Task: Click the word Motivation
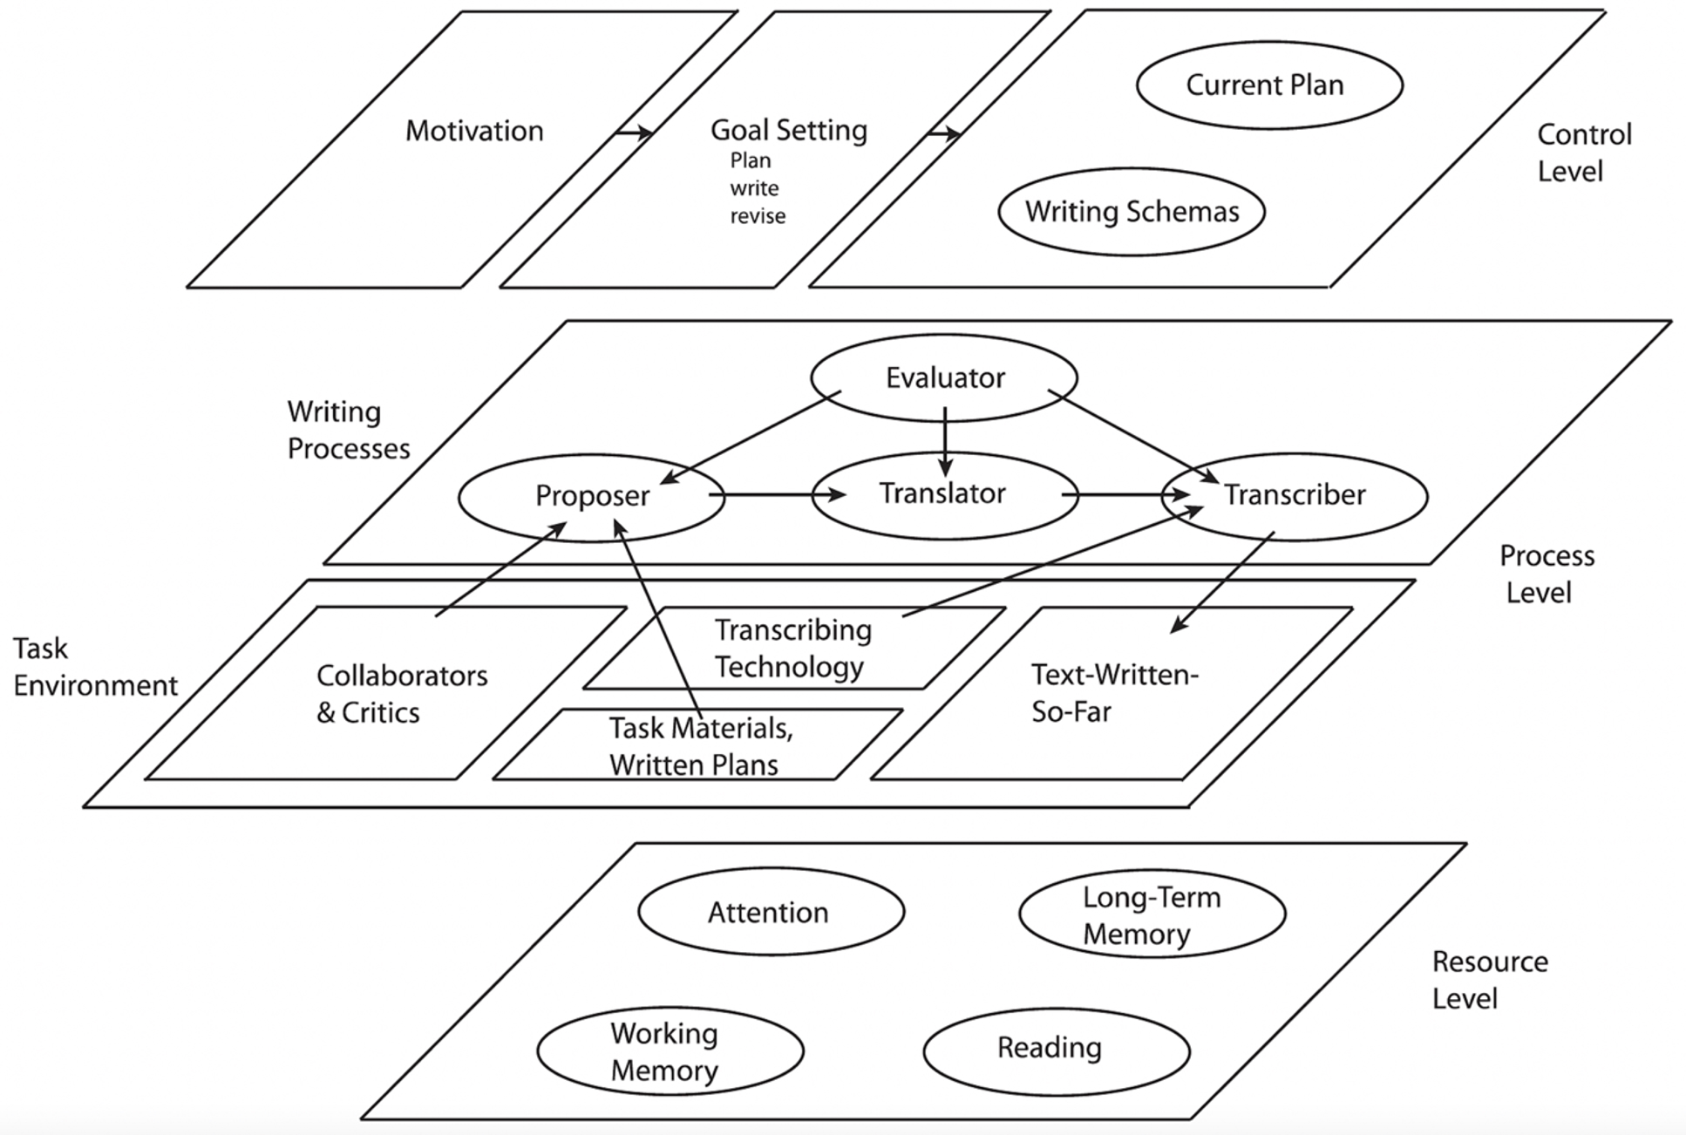tap(474, 131)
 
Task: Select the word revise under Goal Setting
tap(758, 216)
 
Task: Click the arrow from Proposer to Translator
tap(777, 495)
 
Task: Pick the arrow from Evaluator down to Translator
tap(945, 442)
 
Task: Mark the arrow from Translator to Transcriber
tap(1125, 494)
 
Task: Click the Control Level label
tap(1584, 153)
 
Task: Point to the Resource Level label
tap(1490, 980)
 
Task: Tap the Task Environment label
tap(95, 667)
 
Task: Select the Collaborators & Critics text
tap(402, 694)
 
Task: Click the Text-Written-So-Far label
tap(1115, 693)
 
